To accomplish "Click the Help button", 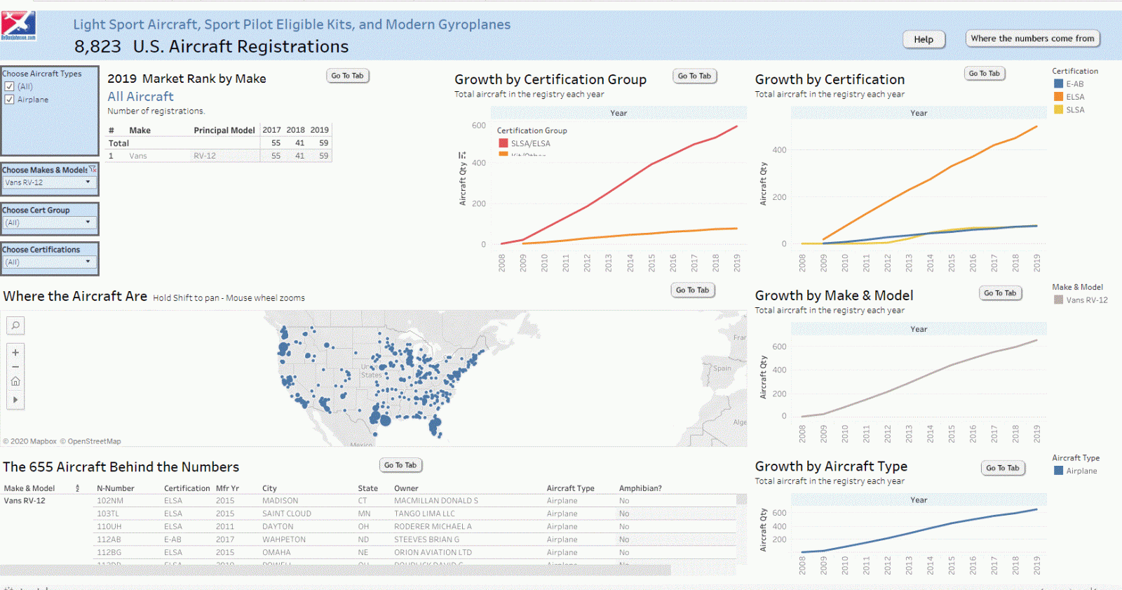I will [x=924, y=39].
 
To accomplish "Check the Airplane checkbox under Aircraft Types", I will [x=10, y=100].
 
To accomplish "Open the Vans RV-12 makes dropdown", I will [x=49, y=182].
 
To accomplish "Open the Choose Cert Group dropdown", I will [x=49, y=222].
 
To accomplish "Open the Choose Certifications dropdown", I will [x=49, y=262].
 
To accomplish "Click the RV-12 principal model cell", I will [x=205, y=156].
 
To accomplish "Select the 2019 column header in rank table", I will [x=320, y=130].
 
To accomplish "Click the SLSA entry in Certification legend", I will [x=1074, y=109].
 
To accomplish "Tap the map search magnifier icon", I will [x=15, y=326].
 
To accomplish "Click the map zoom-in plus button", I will [x=15, y=352].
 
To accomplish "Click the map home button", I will [x=15, y=382].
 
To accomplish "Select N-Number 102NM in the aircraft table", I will [x=110, y=501].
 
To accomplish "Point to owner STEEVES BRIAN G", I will [x=426, y=539].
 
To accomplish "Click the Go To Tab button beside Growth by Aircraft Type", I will [x=1003, y=468].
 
